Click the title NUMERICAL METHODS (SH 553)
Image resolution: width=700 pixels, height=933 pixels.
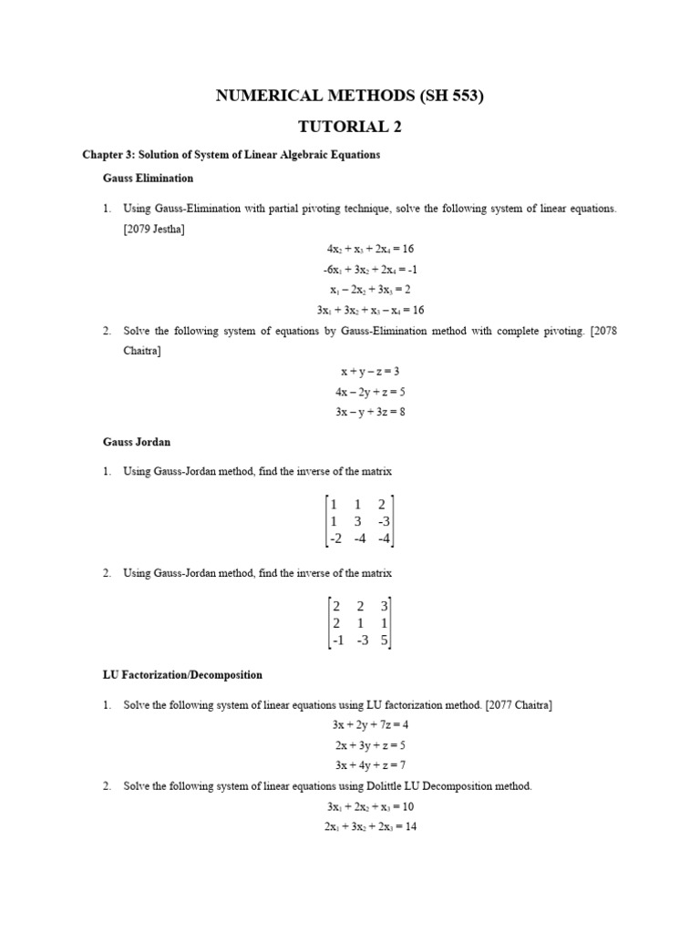click(x=349, y=96)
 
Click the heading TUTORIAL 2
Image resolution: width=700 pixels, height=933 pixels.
click(x=349, y=127)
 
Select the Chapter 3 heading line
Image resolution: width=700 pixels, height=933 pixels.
click(x=231, y=155)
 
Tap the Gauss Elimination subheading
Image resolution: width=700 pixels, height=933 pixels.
click(x=148, y=179)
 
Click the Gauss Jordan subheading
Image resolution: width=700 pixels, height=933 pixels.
click(x=137, y=442)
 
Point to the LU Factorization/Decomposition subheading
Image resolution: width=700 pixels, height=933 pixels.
click(x=182, y=675)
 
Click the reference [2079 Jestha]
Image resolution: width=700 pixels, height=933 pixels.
click(x=154, y=229)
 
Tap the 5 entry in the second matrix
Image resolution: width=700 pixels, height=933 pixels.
click(x=385, y=641)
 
